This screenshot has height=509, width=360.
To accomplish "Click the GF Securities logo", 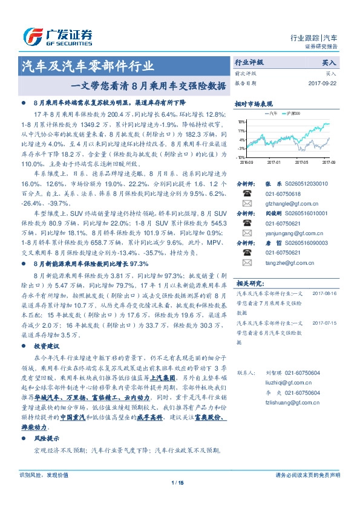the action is point(57,36).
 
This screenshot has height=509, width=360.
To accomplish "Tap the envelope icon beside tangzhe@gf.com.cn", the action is point(247,262).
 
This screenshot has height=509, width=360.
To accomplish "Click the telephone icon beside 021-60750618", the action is point(247,193).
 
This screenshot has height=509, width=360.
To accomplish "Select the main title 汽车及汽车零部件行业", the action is point(88,66).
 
